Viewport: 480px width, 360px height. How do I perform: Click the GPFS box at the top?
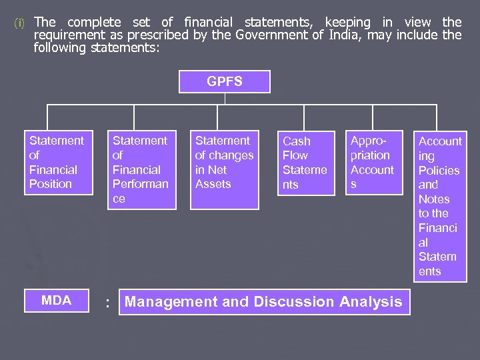tap(225, 82)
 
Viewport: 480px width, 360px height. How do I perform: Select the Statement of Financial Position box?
tap(57, 162)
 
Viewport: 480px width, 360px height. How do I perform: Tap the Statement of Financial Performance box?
tap(142, 169)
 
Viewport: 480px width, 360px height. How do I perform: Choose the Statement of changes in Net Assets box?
tap(225, 169)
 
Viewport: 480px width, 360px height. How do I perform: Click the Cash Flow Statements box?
tap(306, 163)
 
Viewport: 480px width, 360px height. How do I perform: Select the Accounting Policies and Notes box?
tap(440, 206)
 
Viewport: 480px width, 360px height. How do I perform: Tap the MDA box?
tap(57, 301)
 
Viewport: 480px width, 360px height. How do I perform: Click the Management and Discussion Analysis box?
tap(264, 302)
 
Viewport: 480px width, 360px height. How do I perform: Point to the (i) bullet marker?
tap(19, 23)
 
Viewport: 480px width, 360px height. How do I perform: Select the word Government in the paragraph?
tap(271, 35)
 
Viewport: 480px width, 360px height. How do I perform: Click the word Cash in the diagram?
tap(297, 141)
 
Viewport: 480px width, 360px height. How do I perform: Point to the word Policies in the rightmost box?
tap(439, 170)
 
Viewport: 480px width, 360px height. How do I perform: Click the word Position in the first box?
tap(50, 184)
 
